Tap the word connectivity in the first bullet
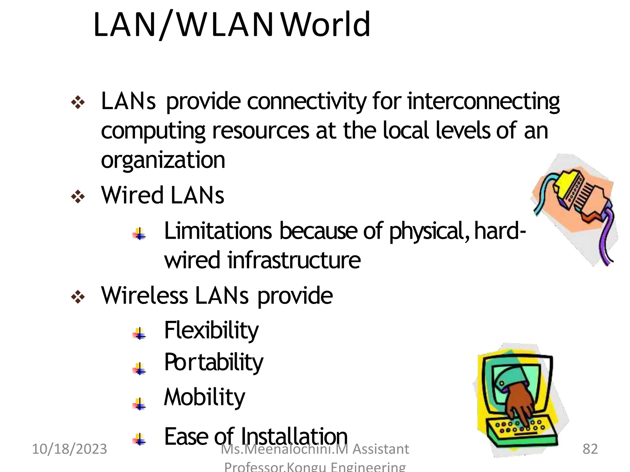[307, 101]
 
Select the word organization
[163, 160]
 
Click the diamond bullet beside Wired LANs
[78, 197]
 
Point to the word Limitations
[218, 231]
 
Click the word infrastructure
[294, 260]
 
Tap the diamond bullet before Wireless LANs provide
[78, 297]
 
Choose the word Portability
[213, 363]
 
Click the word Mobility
[205, 397]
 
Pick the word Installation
[294, 436]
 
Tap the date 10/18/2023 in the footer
[70, 449]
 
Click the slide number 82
[590, 449]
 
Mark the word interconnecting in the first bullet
[483, 101]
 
